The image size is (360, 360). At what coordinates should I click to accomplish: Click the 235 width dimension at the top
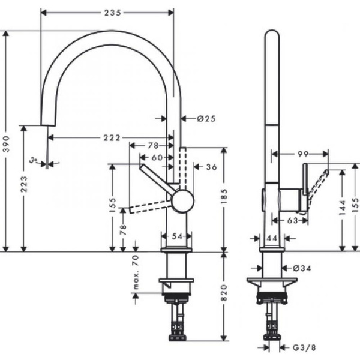(x=107, y=11)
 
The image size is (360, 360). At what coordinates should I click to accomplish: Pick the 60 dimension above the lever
(x=157, y=157)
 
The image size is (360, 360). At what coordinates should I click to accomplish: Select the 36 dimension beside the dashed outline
(x=211, y=167)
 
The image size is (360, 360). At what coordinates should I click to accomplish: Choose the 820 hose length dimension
(x=224, y=292)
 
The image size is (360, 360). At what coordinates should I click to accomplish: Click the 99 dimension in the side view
(x=303, y=154)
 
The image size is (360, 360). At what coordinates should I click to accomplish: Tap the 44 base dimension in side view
(x=271, y=238)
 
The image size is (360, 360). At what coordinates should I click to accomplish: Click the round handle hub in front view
(x=182, y=201)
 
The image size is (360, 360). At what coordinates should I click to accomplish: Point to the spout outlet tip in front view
(x=44, y=124)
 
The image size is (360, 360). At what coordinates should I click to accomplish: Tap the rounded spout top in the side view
(x=272, y=35)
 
